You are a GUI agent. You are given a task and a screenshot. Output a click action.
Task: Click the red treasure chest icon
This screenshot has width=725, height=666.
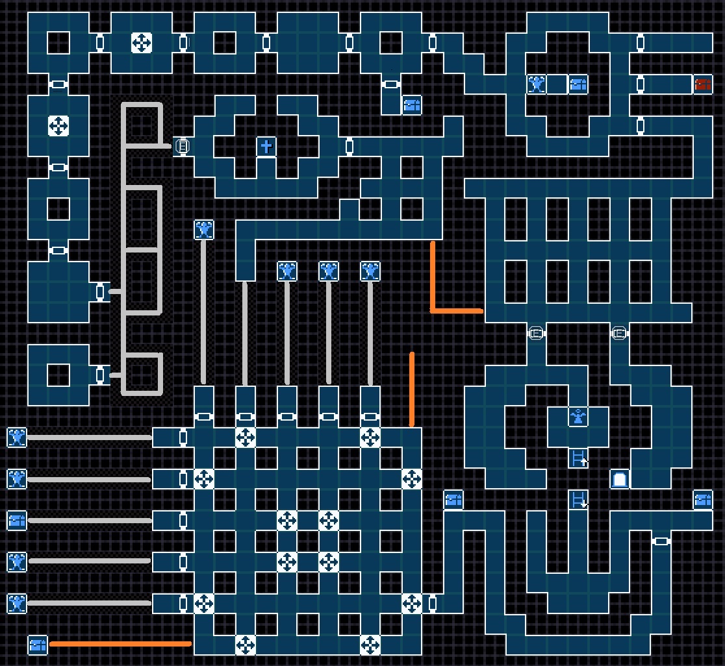(702, 84)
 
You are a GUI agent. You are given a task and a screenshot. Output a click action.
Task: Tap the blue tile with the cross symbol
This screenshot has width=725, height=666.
(266, 147)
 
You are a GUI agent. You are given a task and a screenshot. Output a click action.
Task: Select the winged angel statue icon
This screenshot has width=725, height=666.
(578, 417)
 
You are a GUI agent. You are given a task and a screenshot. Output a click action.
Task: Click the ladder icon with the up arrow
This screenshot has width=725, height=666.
(578, 458)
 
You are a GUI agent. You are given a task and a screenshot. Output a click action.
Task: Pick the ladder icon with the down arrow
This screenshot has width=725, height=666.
(578, 500)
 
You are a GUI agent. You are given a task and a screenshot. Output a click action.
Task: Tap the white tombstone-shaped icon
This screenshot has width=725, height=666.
(619, 480)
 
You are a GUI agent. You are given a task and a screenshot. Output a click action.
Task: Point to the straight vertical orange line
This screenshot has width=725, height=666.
(412, 389)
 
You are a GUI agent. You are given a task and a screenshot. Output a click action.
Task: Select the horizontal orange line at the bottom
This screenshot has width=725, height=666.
(120, 644)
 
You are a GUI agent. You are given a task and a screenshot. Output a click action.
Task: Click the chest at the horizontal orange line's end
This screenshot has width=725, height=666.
(38, 645)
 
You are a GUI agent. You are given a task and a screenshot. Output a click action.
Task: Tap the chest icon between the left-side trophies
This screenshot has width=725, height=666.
(17, 520)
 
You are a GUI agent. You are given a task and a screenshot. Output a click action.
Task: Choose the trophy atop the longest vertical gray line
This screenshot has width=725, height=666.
(204, 230)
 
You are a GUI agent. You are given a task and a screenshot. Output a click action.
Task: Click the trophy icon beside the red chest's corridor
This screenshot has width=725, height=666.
(536, 84)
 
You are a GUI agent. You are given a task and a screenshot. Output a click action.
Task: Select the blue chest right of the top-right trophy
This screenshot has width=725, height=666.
(578, 84)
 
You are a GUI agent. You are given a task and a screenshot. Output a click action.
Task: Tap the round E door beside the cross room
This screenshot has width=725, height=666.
(183, 147)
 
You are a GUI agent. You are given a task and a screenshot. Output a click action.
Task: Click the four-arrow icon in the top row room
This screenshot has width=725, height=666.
(141, 43)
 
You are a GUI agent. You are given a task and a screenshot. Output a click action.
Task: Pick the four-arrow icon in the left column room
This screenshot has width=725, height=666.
(58, 125)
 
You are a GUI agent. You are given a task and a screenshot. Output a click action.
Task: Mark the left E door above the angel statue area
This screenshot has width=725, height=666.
(535, 334)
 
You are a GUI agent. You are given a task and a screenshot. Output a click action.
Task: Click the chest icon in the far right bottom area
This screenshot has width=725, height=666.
(702, 500)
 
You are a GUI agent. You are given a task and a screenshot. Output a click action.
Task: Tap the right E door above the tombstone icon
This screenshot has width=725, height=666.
(619, 334)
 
